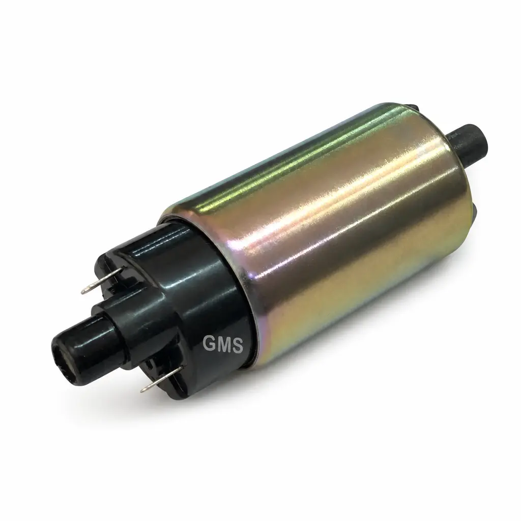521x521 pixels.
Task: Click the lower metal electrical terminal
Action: [162, 379]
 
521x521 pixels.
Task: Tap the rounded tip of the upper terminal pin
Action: [84, 291]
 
